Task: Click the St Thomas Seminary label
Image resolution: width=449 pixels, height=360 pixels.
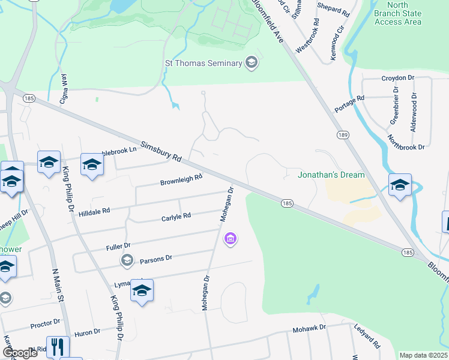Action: (x=203, y=63)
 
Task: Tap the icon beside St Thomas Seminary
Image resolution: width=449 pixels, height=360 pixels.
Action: (x=252, y=62)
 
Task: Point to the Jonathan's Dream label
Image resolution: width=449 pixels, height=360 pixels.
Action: (x=331, y=175)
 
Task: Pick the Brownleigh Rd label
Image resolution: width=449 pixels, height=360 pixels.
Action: (x=181, y=179)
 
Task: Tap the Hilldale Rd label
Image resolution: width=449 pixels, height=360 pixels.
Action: (x=94, y=211)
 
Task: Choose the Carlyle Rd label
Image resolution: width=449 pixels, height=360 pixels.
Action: (x=176, y=216)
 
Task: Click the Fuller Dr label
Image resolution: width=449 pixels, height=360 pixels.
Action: (x=118, y=246)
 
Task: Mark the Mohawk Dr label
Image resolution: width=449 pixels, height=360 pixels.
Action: (x=309, y=329)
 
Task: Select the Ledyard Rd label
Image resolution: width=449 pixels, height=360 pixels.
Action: (x=367, y=337)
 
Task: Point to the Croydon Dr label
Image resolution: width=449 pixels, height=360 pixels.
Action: (x=398, y=78)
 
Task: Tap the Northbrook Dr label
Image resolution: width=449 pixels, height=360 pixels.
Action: (x=406, y=142)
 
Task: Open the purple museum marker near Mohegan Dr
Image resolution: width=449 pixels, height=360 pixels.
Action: (x=229, y=241)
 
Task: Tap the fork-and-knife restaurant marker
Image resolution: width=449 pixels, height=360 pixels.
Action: (x=58, y=346)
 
